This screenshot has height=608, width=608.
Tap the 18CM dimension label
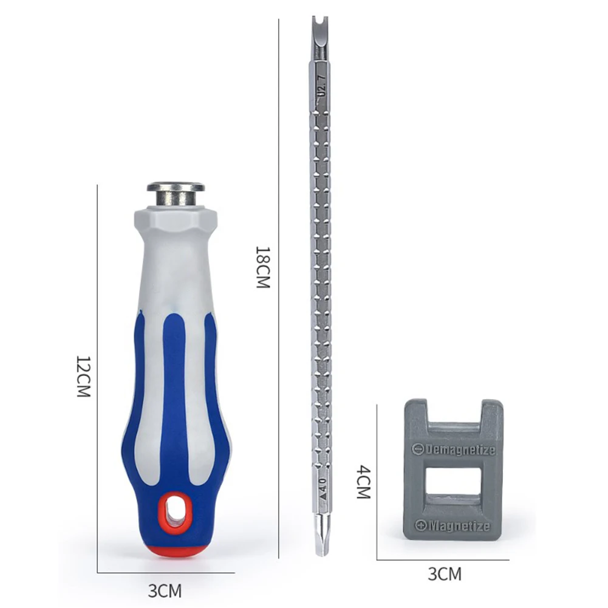pos(262,267)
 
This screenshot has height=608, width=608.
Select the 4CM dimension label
pos(363,482)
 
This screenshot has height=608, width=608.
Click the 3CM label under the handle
pos(165,591)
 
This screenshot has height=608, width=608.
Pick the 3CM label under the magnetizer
pos(445,574)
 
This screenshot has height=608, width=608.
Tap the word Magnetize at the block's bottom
pos(460,526)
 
